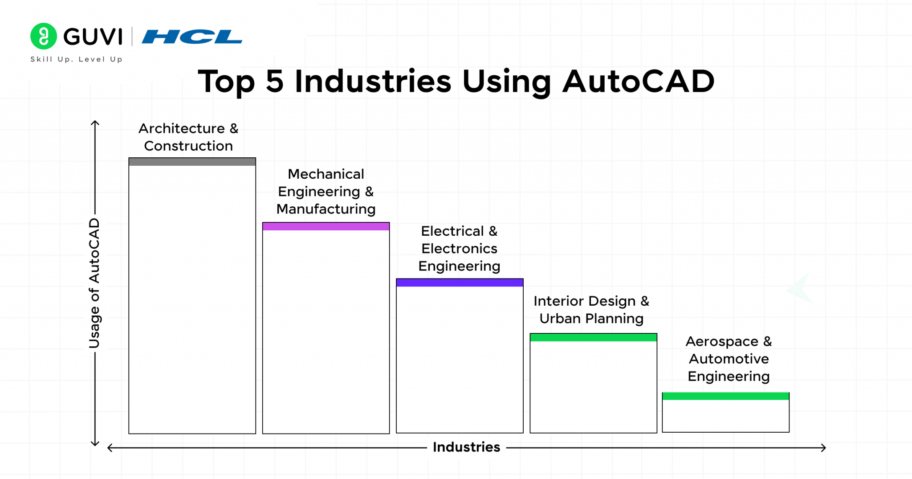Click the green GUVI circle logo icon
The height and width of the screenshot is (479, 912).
coord(43,36)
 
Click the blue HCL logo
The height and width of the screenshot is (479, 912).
coord(192,37)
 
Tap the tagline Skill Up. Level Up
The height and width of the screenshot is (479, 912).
coord(76,59)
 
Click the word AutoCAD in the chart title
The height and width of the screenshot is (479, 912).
coord(638,82)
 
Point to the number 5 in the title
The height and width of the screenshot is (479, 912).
coord(274,82)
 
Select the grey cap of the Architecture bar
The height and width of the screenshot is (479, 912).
coord(192,162)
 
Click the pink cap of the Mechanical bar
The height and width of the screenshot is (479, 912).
coord(326,226)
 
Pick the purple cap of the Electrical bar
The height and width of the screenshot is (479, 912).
coord(460,282)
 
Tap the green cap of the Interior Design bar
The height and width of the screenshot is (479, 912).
coord(593,337)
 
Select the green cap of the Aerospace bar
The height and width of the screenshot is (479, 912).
coord(725,396)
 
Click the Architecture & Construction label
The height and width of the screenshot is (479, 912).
coord(188,137)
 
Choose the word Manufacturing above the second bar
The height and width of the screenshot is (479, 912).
coord(326,209)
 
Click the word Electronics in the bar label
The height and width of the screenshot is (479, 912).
coord(459,249)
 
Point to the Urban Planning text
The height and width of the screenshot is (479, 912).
coord(591,319)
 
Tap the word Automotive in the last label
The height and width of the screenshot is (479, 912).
coord(729,359)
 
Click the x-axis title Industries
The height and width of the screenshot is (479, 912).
coord(466,447)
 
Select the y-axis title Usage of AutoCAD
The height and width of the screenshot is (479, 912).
coord(94,283)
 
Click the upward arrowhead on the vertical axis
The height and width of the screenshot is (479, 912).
coord(95,123)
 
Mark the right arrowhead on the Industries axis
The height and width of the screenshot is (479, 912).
coord(824,447)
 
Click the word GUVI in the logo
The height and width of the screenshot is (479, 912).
coord(93,37)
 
